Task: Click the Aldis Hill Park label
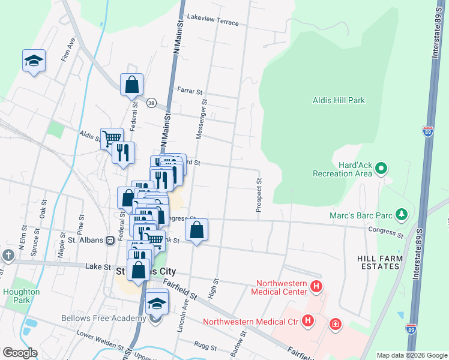pyautogui.click(x=339, y=100)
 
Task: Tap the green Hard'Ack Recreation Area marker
pyautogui.click(x=381, y=170)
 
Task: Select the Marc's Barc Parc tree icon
pyautogui.click(x=403, y=214)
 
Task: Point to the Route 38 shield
pyautogui.click(x=152, y=103)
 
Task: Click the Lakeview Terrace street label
pyautogui.click(x=212, y=20)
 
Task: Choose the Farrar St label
pyautogui.click(x=191, y=91)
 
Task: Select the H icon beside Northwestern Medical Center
pyautogui.click(x=317, y=289)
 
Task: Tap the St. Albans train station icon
pyautogui.click(x=110, y=240)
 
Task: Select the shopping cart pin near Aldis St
pyautogui.click(x=112, y=139)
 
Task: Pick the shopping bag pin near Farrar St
pyautogui.click(x=131, y=85)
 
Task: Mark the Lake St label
pyautogui.click(x=99, y=266)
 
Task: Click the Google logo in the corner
pyautogui.click(x=20, y=352)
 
